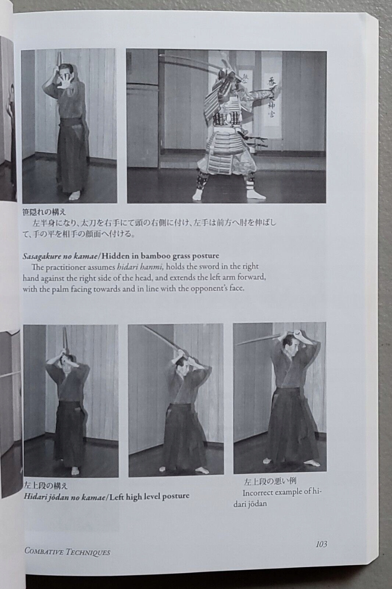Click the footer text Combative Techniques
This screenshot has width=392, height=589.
[x=67, y=551]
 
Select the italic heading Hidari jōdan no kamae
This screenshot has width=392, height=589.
[x=64, y=496]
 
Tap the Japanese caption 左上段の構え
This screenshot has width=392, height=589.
[x=46, y=486]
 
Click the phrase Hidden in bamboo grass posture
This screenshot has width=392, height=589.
[x=165, y=256]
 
